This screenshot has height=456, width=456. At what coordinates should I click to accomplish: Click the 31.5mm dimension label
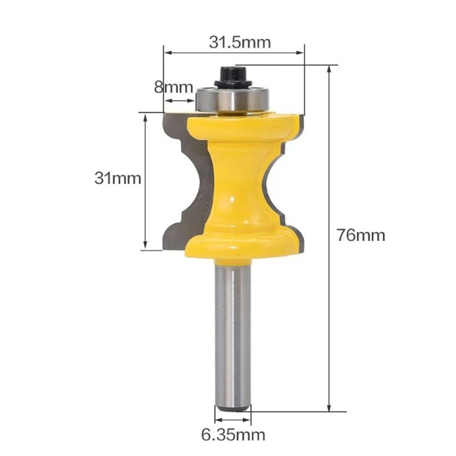click(x=240, y=42)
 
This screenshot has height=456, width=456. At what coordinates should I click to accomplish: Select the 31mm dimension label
click(x=118, y=178)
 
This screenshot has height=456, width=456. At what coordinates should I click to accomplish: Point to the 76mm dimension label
click(x=361, y=235)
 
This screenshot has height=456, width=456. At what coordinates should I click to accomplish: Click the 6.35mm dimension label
click(x=233, y=435)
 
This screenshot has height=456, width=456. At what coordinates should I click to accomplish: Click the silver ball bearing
click(x=233, y=98)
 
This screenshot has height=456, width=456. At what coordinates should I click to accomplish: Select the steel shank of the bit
click(x=233, y=333)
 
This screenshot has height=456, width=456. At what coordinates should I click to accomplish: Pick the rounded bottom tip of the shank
click(x=233, y=407)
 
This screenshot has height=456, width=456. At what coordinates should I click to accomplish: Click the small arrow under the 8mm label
click(x=179, y=101)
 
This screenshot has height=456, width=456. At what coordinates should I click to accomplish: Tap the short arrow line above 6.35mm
click(x=233, y=420)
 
